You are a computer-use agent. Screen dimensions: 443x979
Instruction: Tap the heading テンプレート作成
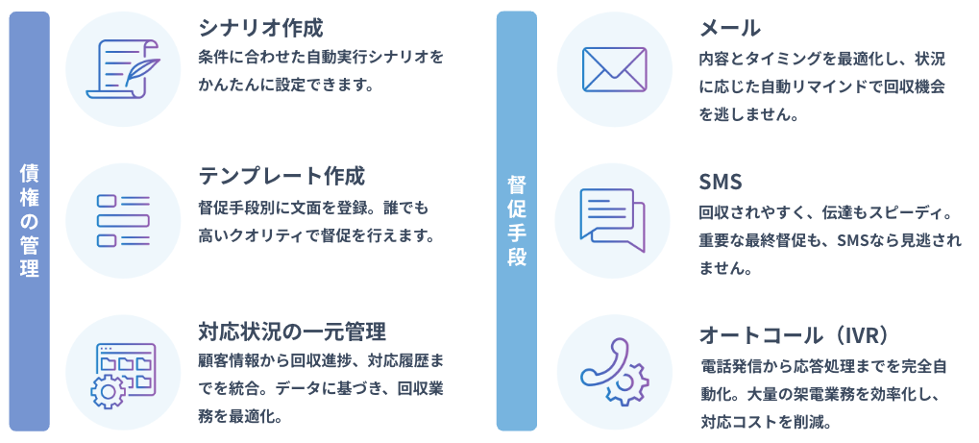tap(281, 176)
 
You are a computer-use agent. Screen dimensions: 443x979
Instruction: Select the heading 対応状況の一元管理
tap(292, 332)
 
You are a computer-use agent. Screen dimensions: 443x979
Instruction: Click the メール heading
tap(730, 27)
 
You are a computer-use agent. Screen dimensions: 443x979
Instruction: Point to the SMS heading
tap(722, 182)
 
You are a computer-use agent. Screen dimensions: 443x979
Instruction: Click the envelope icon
tap(615, 68)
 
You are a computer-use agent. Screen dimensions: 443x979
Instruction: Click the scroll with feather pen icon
tap(123, 68)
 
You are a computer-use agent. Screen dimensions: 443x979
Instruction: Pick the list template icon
tap(123, 220)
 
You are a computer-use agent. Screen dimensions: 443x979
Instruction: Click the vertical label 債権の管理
tap(30, 220)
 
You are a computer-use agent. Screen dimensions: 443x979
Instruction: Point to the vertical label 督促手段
tap(516, 220)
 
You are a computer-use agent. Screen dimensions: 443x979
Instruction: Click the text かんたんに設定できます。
tap(285, 85)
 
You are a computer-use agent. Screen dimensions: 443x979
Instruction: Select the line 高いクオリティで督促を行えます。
tap(317, 234)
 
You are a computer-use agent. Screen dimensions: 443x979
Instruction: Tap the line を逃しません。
tap(748, 113)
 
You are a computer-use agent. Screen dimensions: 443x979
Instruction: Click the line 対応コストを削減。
tap(766, 421)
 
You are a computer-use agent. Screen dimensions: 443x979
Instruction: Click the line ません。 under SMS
tap(725, 268)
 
